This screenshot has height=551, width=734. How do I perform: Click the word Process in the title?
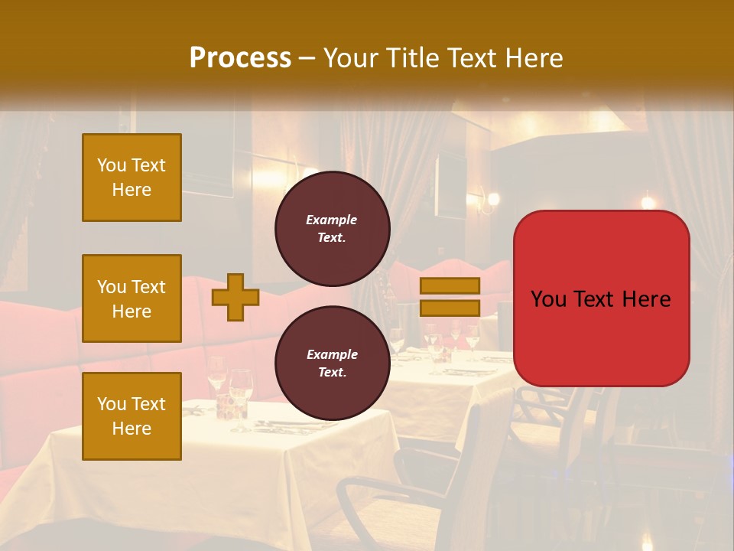[240, 58]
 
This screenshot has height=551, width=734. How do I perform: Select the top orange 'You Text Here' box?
[132, 178]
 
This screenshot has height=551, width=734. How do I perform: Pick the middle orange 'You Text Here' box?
[132, 298]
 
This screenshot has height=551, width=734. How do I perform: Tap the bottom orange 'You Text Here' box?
[132, 416]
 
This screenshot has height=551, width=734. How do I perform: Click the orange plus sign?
[235, 297]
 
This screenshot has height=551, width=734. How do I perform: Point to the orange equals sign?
[450, 297]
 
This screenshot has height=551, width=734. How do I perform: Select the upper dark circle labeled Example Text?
[333, 229]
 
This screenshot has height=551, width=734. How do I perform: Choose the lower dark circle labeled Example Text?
[333, 364]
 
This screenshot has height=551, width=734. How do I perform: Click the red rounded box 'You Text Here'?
[602, 298]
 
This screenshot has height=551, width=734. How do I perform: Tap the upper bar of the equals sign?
[450, 286]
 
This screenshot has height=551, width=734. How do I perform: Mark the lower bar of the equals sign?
[450, 308]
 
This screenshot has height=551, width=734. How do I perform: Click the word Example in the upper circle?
[332, 220]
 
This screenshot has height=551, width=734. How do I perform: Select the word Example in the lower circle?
[332, 354]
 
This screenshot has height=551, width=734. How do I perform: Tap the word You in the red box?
[548, 299]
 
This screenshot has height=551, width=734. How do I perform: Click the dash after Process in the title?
[307, 58]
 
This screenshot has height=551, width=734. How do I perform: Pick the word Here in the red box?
[647, 299]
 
